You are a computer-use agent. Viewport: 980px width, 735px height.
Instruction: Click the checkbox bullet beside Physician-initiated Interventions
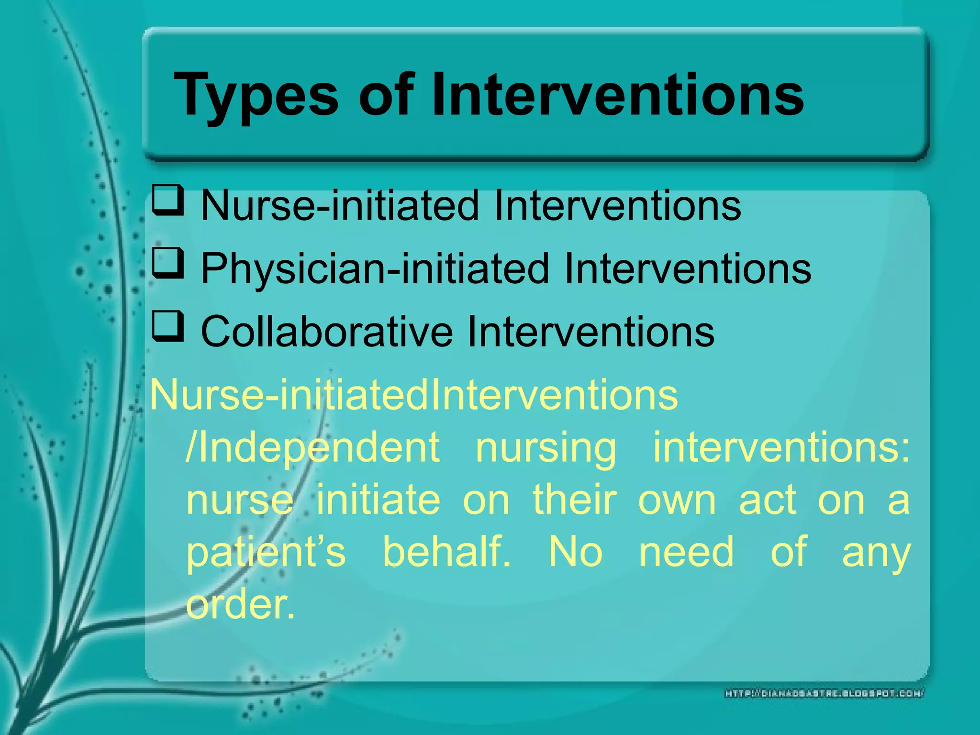click(x=168, y=263)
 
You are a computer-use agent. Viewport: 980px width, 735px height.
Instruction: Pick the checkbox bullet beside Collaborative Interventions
click(x=168, y=326)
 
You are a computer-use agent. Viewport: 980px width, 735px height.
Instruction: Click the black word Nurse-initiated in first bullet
click(x=340, y=206)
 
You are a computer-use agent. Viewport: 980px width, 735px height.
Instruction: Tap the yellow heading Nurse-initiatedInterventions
click(x=414, y=395)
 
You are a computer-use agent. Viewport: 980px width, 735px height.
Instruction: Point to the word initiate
click(x=378, y=500)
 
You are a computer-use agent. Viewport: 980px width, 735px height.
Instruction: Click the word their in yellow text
click(x=574, y=500)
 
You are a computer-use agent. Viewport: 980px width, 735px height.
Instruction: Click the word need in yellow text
click(x=686, y=552)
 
